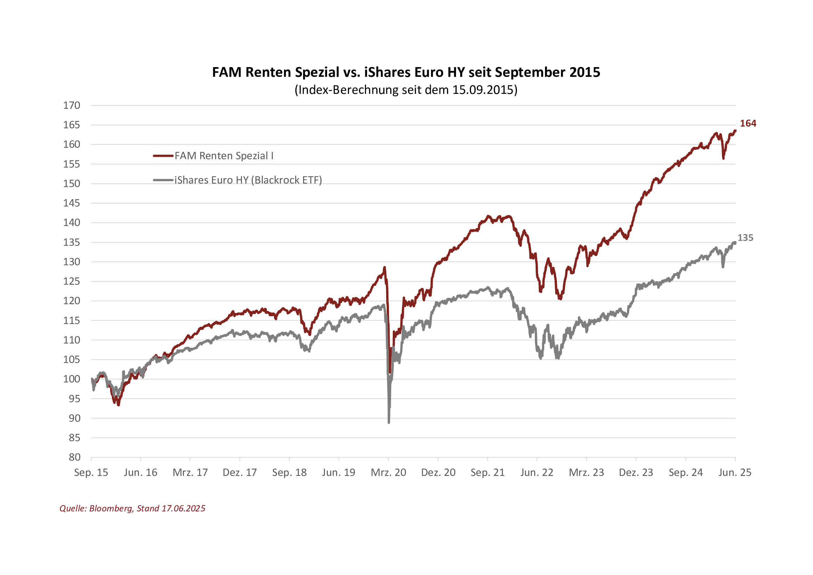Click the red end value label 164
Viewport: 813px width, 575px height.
coord(748,123)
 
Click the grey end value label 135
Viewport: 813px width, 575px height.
coord(745,238)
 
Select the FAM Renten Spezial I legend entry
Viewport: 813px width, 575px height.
coord(224,156)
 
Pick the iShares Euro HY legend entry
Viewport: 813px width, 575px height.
coord(248,180)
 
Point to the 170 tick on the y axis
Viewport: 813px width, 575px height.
coord(72,106)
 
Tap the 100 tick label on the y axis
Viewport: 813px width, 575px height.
coord(72,379)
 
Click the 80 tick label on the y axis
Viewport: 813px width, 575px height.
coord(74,457)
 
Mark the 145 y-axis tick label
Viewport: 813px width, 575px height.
coord(72,203)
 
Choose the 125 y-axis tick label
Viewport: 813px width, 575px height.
coord(72,282)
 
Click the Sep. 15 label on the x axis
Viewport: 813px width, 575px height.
coord(91,472)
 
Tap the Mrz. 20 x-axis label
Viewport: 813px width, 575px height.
coord(389,472)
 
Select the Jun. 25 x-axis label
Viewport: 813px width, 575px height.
coord(735,472)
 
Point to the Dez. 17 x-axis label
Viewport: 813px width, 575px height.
coord(240,472)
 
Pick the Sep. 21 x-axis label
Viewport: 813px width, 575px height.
coord(488,472)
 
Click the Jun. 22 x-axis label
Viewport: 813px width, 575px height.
coord(537,472)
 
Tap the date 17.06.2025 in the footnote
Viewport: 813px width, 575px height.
coord(184,509)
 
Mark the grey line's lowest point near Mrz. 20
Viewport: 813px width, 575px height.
coord(389,422)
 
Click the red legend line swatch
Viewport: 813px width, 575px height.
coord(163,156)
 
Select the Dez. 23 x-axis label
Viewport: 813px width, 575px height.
coord(636,472)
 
